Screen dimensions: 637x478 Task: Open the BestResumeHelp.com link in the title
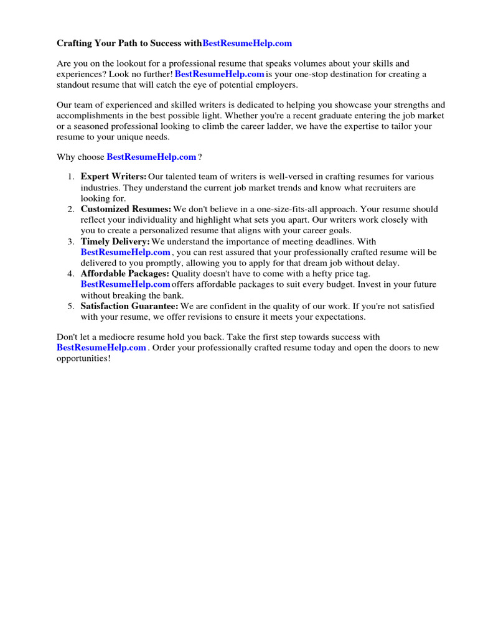(247, 44)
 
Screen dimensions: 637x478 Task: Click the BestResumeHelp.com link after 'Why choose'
(151, 157)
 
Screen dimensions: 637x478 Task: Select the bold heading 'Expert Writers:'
(113, 177)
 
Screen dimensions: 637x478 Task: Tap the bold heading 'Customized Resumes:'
(126, 209)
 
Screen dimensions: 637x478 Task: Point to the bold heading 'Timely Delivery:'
(115, 241)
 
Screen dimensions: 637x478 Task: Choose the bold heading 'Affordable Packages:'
(124, 274)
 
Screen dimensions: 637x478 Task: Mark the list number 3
(72, 241)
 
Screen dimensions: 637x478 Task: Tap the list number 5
(72, 306)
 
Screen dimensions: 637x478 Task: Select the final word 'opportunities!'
(83, 359)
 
